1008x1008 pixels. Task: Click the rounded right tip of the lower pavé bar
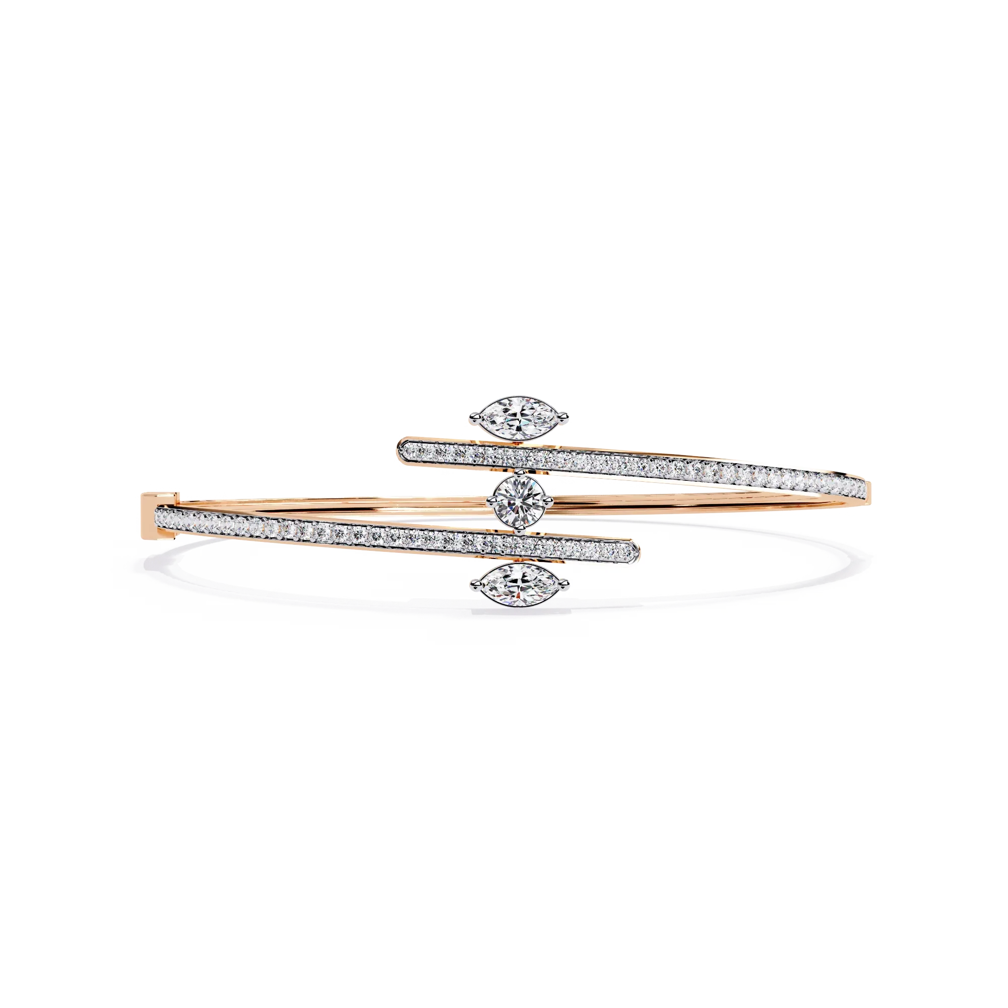coord(636,549)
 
